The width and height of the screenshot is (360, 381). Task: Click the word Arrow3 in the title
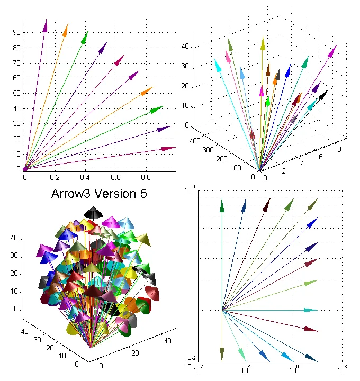(70, 194)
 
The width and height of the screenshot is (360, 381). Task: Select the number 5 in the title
(143, 194)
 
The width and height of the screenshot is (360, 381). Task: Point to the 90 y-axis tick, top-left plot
(17, 32)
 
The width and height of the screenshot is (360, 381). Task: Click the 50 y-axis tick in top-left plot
(17, 94)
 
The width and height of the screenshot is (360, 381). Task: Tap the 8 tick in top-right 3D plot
(339, 150)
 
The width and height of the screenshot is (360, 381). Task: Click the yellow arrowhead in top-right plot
(263, 43)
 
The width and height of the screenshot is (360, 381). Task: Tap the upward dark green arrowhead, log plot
(222, 205)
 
